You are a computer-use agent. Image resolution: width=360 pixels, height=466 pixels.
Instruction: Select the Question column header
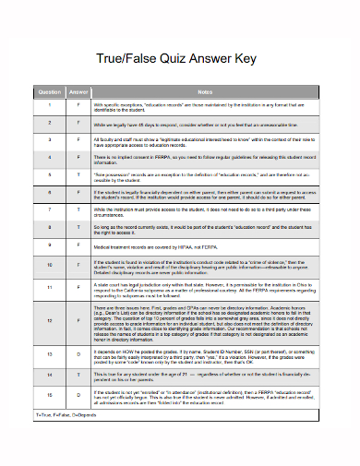pos(49,92)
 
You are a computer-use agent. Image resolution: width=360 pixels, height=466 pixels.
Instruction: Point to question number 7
pos(49,211)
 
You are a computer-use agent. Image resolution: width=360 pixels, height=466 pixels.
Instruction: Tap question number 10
pos(49,265)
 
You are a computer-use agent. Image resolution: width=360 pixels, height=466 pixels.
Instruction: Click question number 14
pos(49,375)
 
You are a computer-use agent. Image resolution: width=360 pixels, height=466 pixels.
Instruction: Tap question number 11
pos(49,288)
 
